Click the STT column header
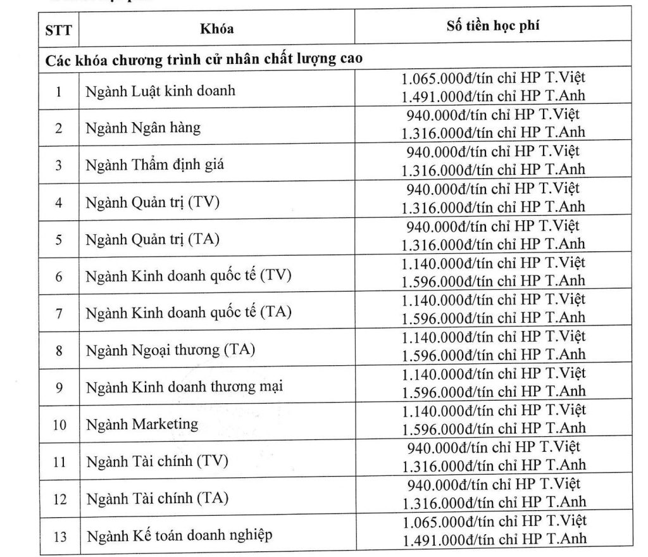(x=58, y=29)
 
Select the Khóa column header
(x=217, y=28)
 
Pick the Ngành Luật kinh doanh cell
(x=161, y=91)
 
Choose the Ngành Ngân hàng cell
(x=144, y=128)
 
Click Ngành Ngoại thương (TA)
(x=170, y=350)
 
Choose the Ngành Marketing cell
(x=142, y=423)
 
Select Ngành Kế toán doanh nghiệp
(x=180, y=535)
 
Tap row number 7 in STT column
(x=58, y=314)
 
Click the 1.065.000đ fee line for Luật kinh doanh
(x=494, y=80)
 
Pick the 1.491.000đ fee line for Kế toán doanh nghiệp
(x=494, y=539)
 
